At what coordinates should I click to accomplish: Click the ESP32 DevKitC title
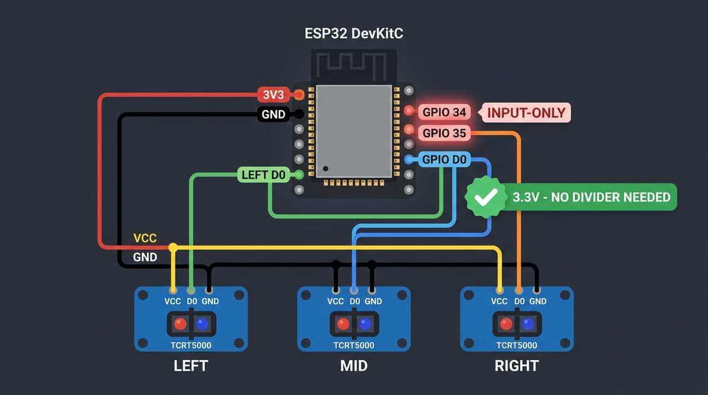tap(353, 34)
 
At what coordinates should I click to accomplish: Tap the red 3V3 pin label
tap(273, 95)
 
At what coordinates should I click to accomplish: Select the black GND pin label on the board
tap(273, 114)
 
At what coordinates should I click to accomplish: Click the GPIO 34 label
tap(444, 112)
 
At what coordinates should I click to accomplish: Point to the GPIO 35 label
tap(444, 133)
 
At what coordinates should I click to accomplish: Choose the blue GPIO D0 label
tap(444, 159)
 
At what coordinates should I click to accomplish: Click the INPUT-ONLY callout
tap(526, 113)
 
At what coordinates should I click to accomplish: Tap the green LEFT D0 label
tap(263, 175)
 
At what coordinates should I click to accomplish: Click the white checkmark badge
tap(486, 197)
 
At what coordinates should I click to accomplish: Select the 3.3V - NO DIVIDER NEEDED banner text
tap(591, 197)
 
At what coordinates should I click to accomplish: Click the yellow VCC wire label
tap(145, 238)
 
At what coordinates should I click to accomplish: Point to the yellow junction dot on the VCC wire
tap(173, 247)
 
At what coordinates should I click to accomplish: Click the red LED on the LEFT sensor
tap(180, 324)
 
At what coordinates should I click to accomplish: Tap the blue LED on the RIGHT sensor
tap(528, 324)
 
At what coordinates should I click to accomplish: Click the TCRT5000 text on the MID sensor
tap(353, 345)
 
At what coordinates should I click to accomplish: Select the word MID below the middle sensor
tap(353, 366)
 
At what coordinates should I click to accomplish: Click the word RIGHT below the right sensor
tap(517, 366)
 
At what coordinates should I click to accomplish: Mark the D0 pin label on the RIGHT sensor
tap(519, 301)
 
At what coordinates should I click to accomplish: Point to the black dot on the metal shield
tap(326, 168)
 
